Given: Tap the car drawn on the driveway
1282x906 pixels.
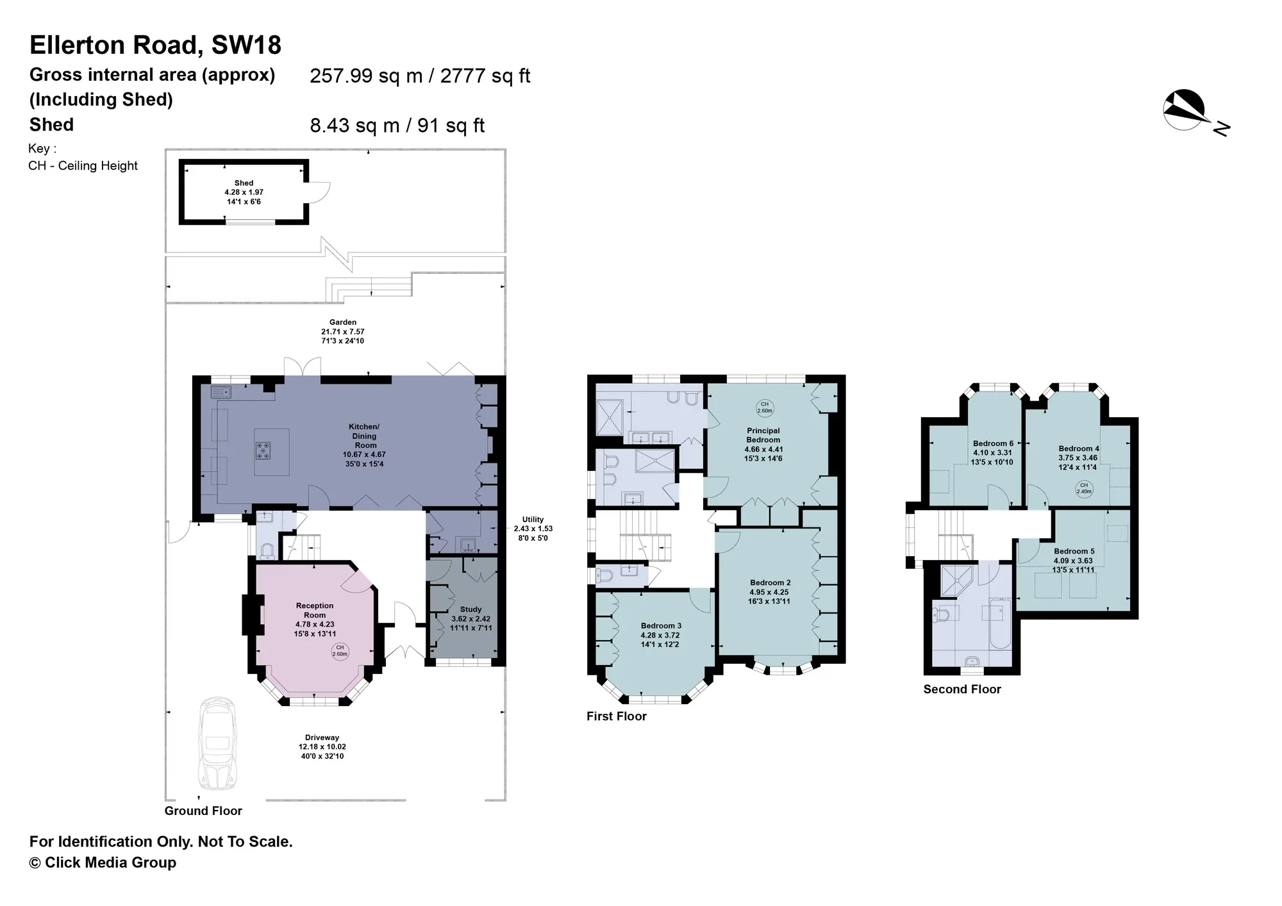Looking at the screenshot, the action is (218, 744).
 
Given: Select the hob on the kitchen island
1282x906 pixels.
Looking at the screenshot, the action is (263, 450).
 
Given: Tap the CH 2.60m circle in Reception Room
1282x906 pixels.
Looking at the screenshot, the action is (340, 651).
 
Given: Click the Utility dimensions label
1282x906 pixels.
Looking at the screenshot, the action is (533, 529).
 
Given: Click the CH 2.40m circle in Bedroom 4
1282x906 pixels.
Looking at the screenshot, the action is (1084, 488).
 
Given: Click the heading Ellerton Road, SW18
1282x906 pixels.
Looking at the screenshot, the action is (155, 45).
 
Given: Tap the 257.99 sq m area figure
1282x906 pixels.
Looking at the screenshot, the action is (367, 76).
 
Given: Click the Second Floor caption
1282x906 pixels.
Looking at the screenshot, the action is (962, 689).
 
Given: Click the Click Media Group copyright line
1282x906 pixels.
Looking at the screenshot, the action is (103, 862).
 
